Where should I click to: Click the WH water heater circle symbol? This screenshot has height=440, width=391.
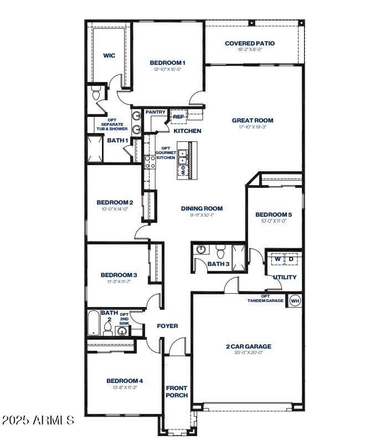click(x=295, y=300)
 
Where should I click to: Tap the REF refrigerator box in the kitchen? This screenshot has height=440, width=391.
click(x=178, y=117)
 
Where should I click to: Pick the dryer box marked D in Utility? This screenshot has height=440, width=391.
click(x=291, y=259)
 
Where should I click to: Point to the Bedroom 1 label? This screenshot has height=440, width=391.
click(x=167, y=63)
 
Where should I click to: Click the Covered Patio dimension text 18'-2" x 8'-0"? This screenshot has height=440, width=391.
click(x=249, y=49)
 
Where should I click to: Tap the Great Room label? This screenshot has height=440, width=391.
click(x=252, y=120)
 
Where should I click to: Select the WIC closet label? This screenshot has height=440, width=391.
click(x=109, y=55)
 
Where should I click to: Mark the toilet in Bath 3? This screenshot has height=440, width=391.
click(x=220, y=253)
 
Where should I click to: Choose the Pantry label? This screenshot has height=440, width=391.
click(x=156, y=112)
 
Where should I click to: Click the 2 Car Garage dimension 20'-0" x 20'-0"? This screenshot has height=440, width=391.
click(x=248, y=353)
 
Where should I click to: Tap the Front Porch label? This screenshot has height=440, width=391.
click(x=177, y=391)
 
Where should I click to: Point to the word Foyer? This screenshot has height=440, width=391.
click(x=167, y=326)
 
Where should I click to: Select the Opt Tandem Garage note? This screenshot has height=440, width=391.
click(x=265, y=298)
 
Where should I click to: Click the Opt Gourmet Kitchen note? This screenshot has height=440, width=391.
click(x=166, y=153)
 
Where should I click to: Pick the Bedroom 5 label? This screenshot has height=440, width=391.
click(x=274, y=214)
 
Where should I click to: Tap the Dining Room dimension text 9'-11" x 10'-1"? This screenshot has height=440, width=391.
click(x=202, y=215)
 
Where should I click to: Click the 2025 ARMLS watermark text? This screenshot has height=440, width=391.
click(x=38, y=420)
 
